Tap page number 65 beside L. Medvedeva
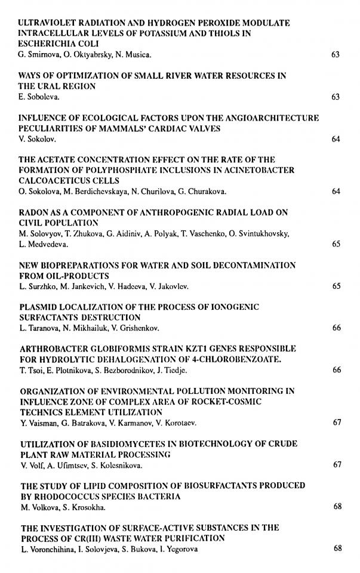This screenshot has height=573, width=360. (x=336, y=244)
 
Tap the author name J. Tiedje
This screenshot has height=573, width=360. (x=175, y=370)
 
